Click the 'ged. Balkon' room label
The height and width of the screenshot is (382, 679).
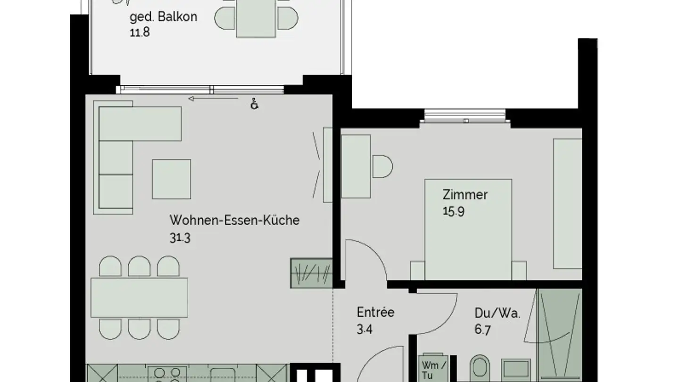163,17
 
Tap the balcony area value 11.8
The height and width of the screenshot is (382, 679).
140,33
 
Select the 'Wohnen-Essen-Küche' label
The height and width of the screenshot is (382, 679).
234,220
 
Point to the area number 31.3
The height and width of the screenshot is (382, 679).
180,238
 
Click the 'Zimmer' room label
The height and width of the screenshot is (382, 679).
465,194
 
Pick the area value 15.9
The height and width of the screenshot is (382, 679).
453,211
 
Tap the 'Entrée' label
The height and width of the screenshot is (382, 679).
375,312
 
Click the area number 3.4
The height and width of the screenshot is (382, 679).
365,329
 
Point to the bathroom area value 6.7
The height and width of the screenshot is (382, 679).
482,330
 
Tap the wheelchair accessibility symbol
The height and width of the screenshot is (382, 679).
255,104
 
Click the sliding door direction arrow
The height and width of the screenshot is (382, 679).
213,99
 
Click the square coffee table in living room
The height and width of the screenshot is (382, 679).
171,179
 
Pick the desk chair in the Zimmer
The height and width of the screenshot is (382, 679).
382,166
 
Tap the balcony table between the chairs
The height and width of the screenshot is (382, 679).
257,19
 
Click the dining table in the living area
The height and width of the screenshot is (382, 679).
139,297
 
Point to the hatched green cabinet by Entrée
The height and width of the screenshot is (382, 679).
311,273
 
